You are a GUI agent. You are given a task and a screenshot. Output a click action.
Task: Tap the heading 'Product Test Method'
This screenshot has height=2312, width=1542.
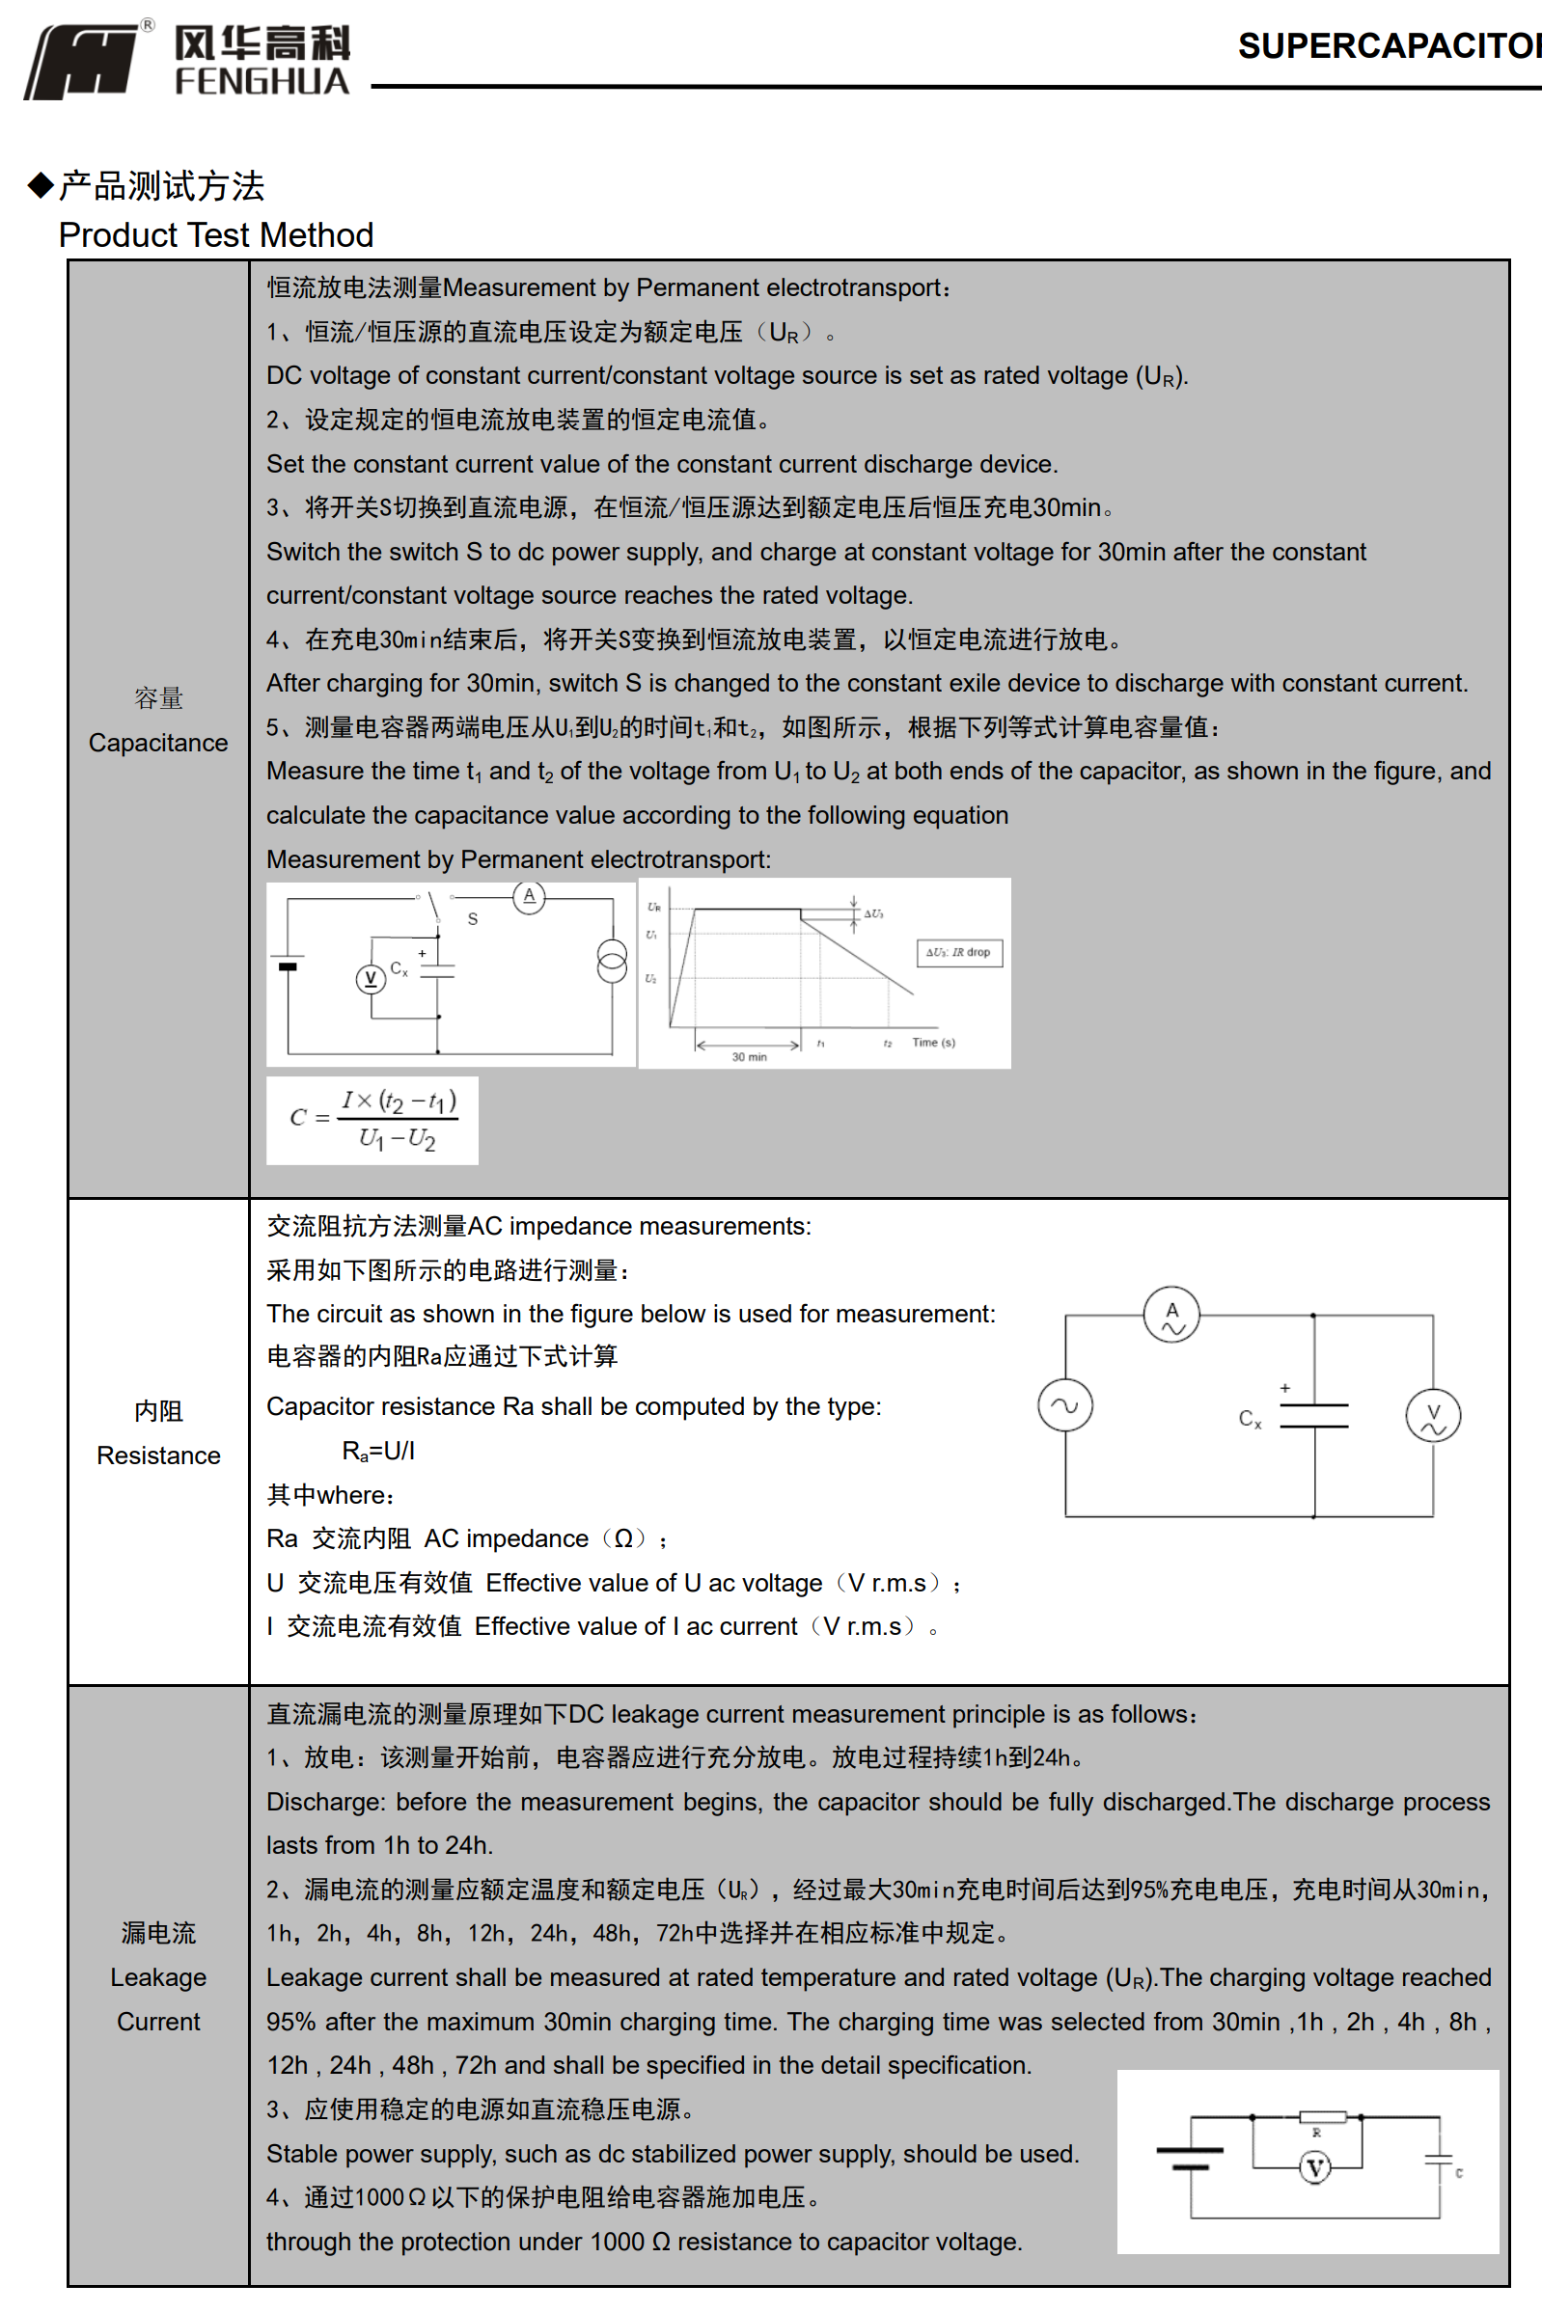pyautogui.click(x=215, y=235)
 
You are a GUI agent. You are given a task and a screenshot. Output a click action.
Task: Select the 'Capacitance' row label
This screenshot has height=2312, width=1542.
pyautogui.click(x=158, y=742)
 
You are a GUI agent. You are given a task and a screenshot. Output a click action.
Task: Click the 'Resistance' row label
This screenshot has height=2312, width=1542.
pyautogui.click(x=158, y=1455)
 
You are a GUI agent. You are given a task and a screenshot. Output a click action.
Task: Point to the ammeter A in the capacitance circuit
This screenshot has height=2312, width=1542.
pyautogui.click(x=529, y=896)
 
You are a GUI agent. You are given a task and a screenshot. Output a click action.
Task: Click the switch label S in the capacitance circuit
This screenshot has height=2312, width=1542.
pyautogui.click(x=473, y=919)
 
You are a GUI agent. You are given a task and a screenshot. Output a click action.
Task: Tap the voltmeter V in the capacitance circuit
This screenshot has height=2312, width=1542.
pyautogui.click(x=371, y=978)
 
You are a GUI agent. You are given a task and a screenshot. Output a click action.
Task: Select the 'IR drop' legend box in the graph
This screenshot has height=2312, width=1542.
pyautogui.click(x=959, y=953)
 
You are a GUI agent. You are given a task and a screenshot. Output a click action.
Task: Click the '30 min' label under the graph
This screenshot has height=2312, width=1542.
pyautogui.click(x=749, y=1057)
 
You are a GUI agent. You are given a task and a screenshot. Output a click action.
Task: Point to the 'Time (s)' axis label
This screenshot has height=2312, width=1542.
pyautogui.click(x=933, y=1042)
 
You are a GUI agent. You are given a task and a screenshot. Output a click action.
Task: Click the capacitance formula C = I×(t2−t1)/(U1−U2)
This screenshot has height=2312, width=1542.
pyautogui.click(x=372, y=1120)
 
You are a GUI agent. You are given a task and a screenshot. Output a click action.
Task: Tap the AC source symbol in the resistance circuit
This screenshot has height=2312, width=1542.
pyautogui.click(x=1065, y=1405)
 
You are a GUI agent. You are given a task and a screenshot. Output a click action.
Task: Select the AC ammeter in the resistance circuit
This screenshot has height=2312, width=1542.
pyautogui.click(x=1171, y=1315)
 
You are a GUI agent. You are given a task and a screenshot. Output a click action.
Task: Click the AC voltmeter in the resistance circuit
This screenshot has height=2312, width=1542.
pyautogui.click(x=1433, y=1417)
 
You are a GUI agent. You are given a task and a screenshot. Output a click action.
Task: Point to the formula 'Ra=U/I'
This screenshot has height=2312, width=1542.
pyautogui.click(x=378, y=1451)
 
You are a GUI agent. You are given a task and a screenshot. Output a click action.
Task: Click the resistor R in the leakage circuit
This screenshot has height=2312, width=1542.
pyautogui.click(x=1322, y=2117)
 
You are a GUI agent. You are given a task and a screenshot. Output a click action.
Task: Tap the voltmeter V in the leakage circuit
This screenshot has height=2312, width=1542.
pyautogui.click(x=1315, y=2166)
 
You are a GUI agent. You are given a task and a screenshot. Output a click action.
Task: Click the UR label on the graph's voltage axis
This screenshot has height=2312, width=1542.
pyautogui.click(x=654, y=908)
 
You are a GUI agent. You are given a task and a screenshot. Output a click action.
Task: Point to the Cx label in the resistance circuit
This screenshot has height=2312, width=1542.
pyautogui.click(x=1250, y=1419)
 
